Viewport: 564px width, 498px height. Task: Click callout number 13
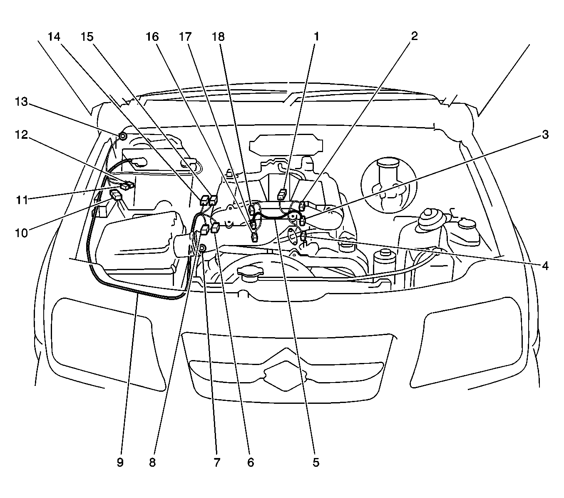pos(21,102)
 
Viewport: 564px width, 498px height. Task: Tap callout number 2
pos(414,36)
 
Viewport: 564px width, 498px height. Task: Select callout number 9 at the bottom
pos(120,462)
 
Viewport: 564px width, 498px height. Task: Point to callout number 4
pos(545,266)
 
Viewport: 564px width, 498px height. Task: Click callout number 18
pos(218,37)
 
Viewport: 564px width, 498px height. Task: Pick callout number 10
pos(21,233)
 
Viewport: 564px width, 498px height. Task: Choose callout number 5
pos(316,462)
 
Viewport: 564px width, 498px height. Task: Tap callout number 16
pos(152,37)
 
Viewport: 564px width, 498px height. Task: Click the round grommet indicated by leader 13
pos(122,136)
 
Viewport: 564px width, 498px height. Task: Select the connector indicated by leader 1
pos(282,195)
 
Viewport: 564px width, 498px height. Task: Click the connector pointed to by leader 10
pos(116,195)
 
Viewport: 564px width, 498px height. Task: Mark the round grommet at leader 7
pos(203,248)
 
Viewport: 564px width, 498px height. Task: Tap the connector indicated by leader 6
pos(216,228)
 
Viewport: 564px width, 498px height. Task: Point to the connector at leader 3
pos(302,221)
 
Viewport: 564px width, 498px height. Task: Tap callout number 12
pos(21,135)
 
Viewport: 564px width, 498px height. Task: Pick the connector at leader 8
pos(205,229)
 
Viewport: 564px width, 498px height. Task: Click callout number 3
pos(545,135)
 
